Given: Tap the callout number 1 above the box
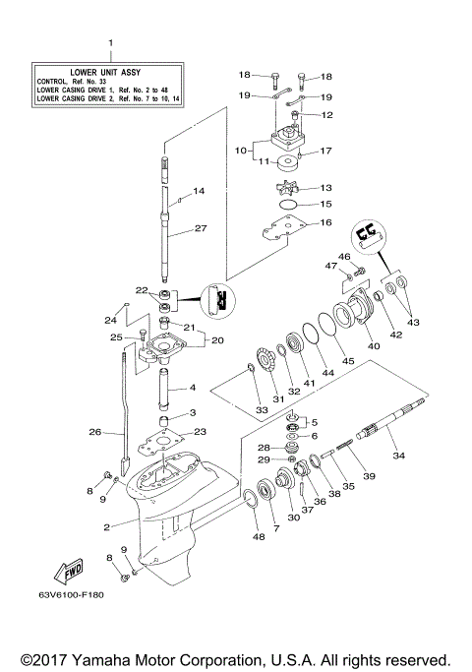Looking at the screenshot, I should (110, 43).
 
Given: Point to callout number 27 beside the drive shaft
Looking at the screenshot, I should (200, 228).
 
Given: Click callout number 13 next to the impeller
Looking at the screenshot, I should (325, 187).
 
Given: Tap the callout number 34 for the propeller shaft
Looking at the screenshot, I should (398, 456).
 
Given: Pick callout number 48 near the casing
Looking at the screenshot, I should (259, 536).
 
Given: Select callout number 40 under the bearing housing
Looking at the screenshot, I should (373, 345).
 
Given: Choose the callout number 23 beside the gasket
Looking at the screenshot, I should (200, 431).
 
